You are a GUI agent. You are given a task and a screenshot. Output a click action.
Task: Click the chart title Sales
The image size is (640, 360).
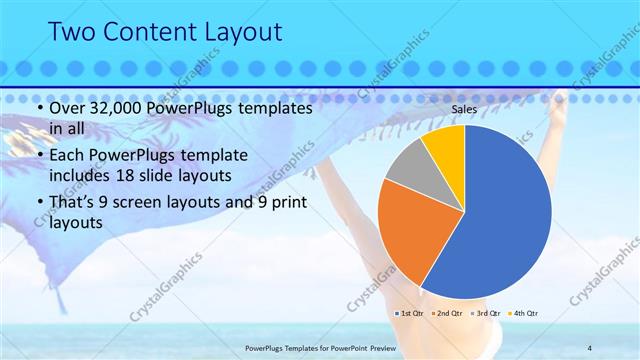[x=464, y=108]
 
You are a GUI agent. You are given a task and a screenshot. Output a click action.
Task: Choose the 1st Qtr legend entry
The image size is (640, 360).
[x=411, y=314]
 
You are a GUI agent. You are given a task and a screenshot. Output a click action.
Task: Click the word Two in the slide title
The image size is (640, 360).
[x=72, y=32]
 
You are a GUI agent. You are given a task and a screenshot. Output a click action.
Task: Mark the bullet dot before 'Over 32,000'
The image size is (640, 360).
[x=38, y=108]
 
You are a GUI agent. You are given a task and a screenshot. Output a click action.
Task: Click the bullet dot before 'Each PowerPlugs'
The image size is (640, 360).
[x=38, y=156]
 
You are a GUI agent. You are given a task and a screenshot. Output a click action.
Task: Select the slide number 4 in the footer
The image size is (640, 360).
[x=589, y=347]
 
